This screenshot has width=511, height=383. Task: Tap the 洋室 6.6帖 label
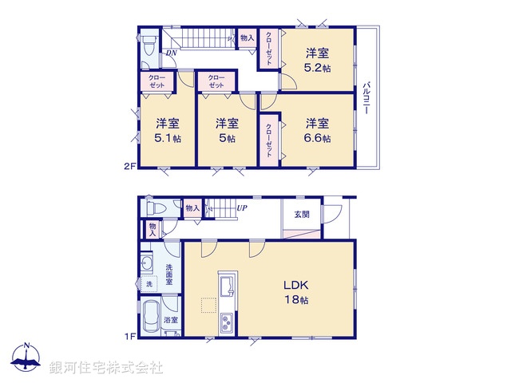pos(317,130)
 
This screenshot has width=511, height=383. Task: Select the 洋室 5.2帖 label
pos(317,61)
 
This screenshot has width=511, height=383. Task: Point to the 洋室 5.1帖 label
pos(167,130)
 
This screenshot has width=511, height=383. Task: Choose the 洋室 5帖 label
pos(227,130)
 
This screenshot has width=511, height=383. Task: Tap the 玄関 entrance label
pos(301,214)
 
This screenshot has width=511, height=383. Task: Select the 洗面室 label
pos(169,274)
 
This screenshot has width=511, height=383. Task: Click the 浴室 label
pos(170,320)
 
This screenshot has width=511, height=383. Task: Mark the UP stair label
pos(240,209)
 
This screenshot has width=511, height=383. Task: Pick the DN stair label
pos(171,53)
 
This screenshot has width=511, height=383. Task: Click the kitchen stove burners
pos(226,323)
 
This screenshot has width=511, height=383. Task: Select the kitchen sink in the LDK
pos(225,284)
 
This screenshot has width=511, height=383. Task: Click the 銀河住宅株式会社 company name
pos(105,368)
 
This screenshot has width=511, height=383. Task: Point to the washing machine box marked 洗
pos(149,284)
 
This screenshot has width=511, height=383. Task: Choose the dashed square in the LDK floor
pos(208,306)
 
